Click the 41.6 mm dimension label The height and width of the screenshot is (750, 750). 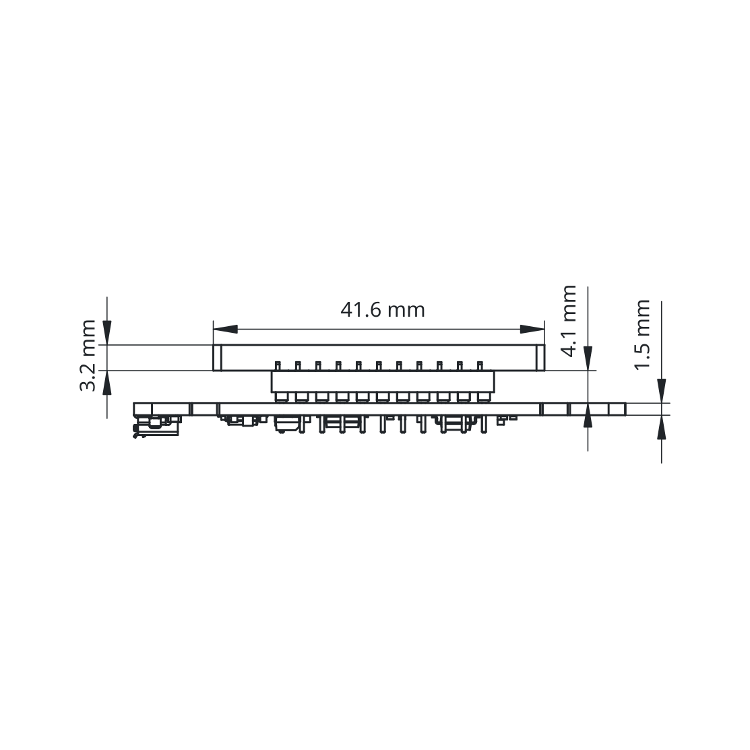tap(383, 310)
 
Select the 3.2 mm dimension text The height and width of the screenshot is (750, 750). tap(88, 355)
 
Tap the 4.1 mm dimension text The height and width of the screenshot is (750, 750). tap(568, 321)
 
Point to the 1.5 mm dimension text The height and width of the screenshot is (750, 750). tap(642, 334)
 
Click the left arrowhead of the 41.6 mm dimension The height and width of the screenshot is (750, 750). tap(225, 329)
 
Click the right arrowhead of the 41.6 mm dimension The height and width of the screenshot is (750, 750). tap(532, 329)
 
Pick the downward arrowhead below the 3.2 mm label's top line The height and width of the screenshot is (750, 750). tap(107, 332)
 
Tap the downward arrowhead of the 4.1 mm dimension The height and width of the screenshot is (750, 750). tap(588, 358)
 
